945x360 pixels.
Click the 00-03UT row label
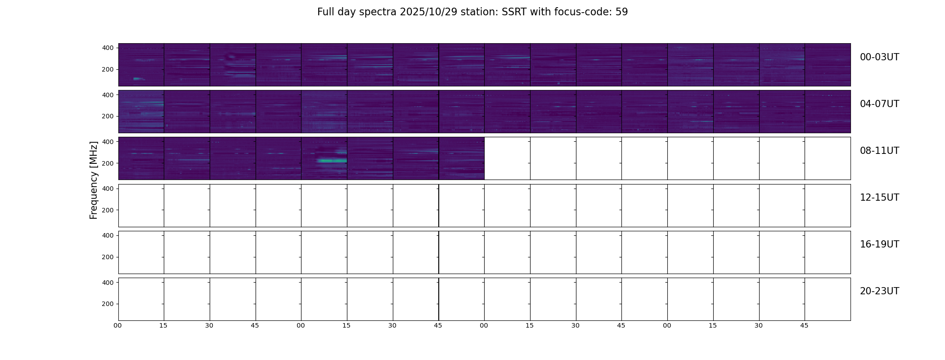point(879,57)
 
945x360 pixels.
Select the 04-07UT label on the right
point(879,104)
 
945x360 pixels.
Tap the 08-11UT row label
point(879,151)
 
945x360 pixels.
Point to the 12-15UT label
point(879,198)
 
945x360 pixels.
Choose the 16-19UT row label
point(879,244)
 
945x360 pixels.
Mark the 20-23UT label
point(879,291)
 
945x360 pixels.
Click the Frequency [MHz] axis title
point(94,180)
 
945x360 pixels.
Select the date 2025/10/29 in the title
point(428,12)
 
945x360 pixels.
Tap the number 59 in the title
point(621,12)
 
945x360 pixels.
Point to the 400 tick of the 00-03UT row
point(108,48)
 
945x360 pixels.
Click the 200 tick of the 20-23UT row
point(108,304)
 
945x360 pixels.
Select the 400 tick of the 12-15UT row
point(108,189)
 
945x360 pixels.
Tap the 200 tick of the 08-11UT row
point(108,163)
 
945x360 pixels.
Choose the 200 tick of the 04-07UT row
point(108,117)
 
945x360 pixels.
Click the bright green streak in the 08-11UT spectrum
point(332,161)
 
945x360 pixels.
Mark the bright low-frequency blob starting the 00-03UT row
point(138,79)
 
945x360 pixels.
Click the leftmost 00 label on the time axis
point(118,325)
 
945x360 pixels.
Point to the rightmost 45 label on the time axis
point(804,325)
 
